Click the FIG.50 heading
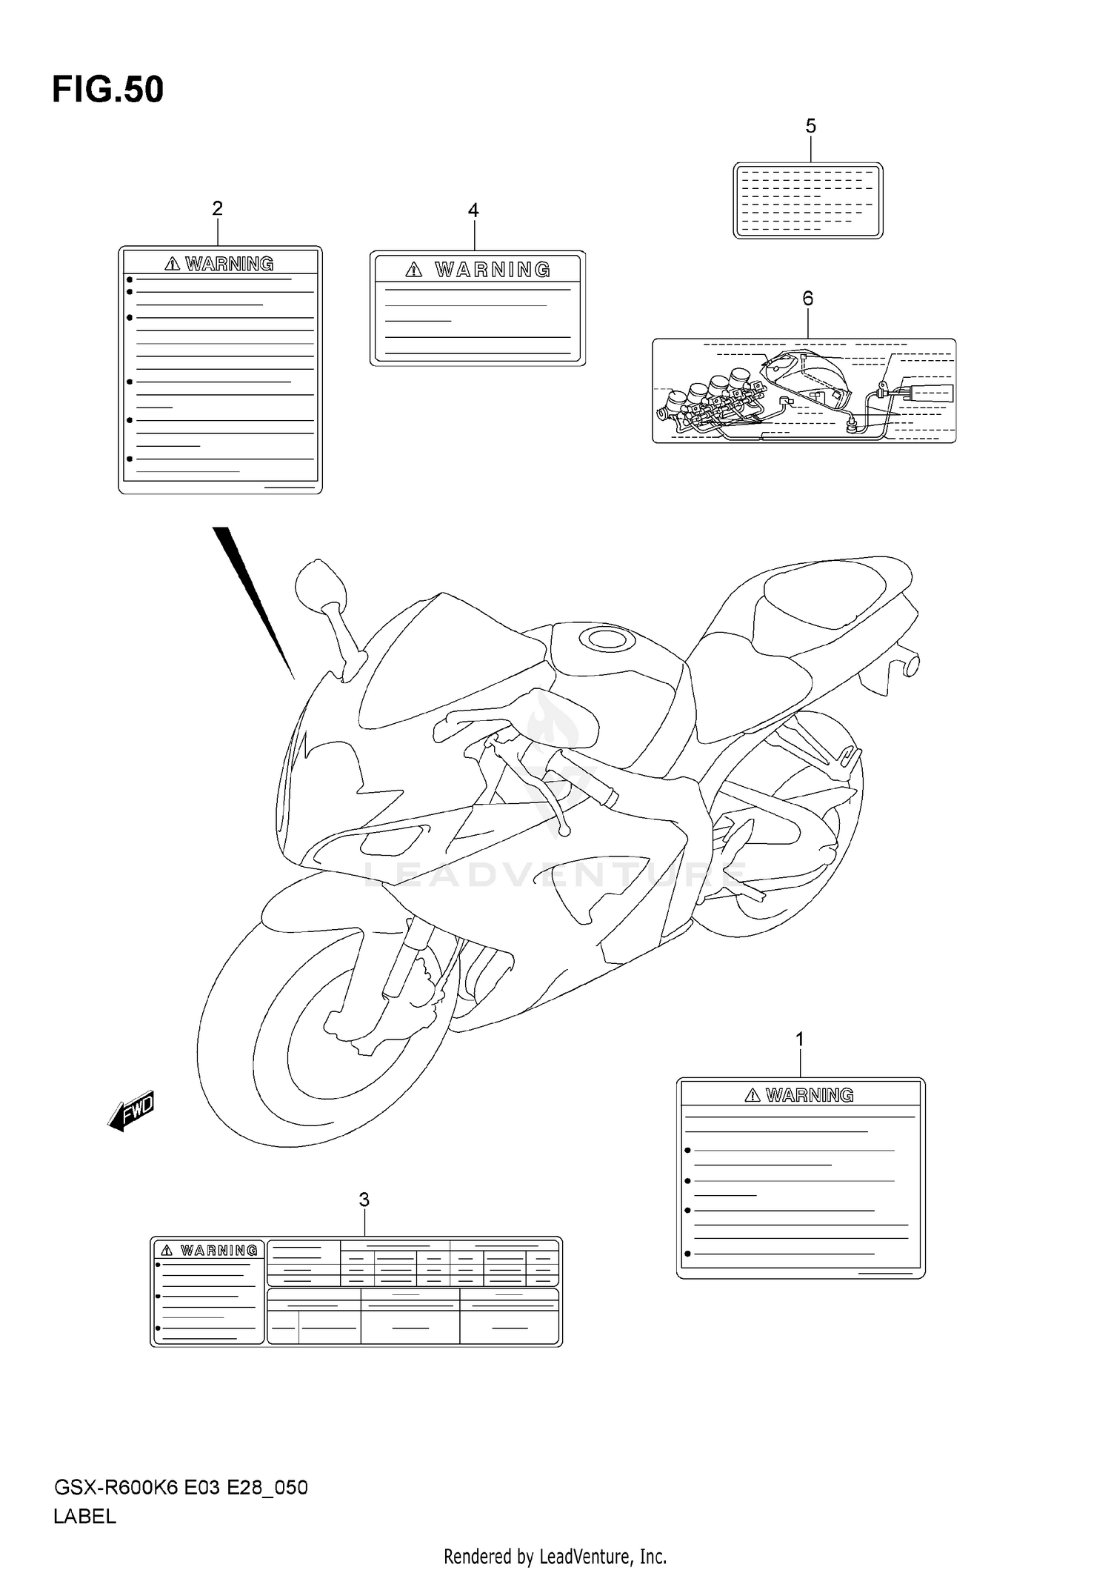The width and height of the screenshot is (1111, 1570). (108, 90)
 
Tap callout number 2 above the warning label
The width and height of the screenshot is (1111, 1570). (217, 209)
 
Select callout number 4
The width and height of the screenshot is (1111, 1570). (473, 210)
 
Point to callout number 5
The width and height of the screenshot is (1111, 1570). (810, 127)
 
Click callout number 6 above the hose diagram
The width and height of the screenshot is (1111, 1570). (807, 299)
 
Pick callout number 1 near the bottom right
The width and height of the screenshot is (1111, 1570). (800, 1040)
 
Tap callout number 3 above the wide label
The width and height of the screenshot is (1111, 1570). (364, 1200)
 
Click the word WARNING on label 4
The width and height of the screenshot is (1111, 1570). (493, 270)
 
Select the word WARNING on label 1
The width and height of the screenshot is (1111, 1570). (810, 1095)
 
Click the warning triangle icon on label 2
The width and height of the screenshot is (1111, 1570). (173, 264)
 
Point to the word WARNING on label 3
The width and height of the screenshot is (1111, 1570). (219, 1251)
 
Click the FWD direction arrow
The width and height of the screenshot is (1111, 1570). (131, 1111)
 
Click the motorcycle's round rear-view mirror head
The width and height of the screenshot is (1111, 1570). (320, 586)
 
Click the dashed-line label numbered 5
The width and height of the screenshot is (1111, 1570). (807, 201)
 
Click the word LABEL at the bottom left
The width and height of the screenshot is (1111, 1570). (84, 1517)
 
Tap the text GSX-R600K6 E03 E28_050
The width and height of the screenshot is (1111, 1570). (180, 1488)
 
